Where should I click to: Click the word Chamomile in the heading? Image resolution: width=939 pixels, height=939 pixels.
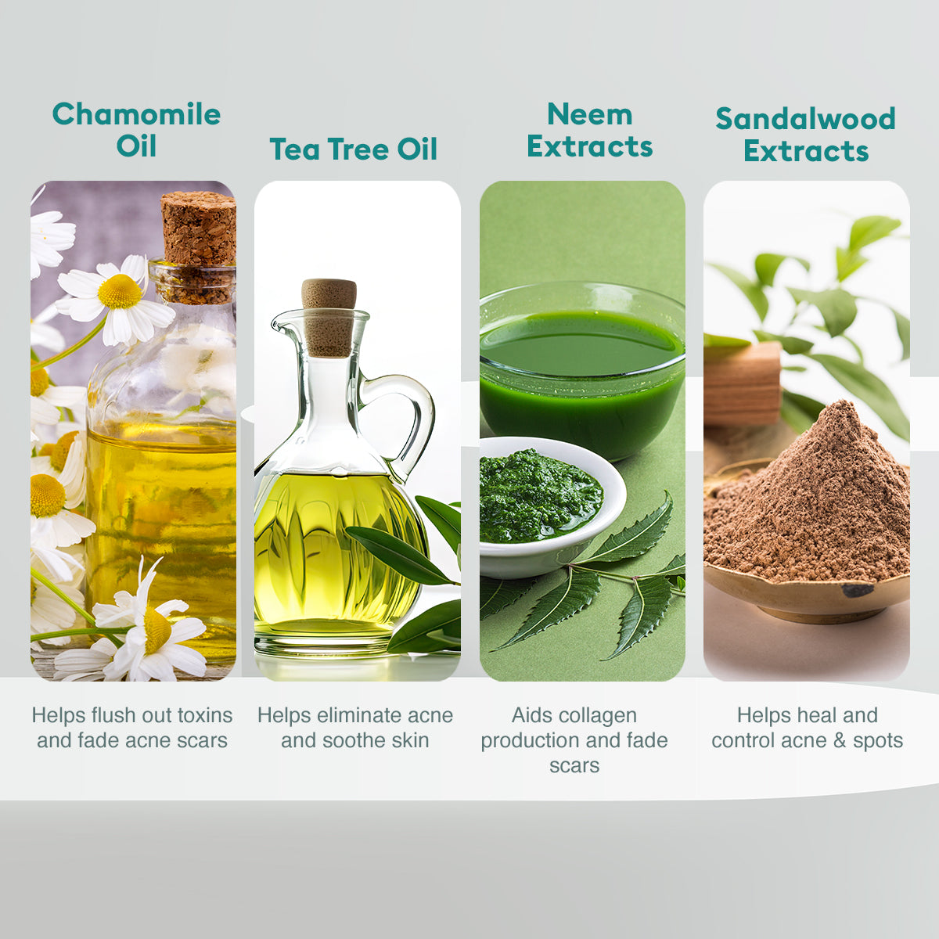tap(136, 114)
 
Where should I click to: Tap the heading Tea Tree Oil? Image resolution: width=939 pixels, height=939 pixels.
tap(353, 149)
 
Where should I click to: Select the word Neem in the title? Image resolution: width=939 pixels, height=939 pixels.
tap(590, 114)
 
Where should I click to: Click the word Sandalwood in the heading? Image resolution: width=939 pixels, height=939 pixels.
tap(805, 119)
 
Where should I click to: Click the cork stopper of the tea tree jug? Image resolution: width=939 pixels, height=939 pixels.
tap(329, 317)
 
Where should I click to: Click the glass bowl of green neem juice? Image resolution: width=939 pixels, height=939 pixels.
tap(582, 370)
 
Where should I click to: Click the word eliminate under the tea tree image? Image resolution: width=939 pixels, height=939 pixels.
tap(359, 715)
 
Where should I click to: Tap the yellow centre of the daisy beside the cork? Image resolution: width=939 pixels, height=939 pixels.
tap(120, 291)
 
